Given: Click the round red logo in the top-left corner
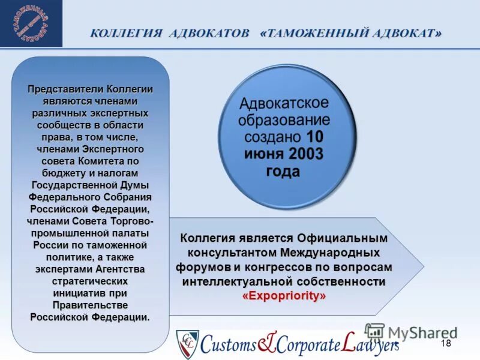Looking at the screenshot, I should (x=31, y=23).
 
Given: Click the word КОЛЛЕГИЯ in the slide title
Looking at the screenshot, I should (x=126, y=33).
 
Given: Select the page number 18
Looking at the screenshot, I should (x=445, y=343).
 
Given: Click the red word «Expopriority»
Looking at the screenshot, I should (x=284, y=296).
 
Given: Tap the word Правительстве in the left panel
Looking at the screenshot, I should (x=90, y=305).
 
